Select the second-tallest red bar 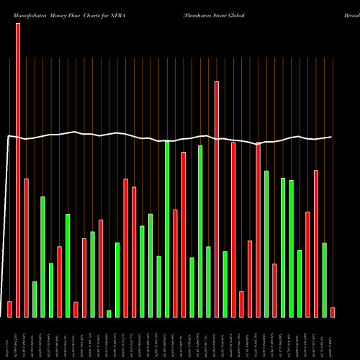click(x=217, y=199)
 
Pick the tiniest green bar click(x=109, y=313)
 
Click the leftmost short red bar click(x=9, y=309)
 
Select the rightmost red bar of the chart click(x=332, y=312)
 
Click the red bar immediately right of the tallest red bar click(x=26, y=248)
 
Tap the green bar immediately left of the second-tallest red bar click(x=208, y=282)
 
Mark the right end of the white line click(x=332, y=137)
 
